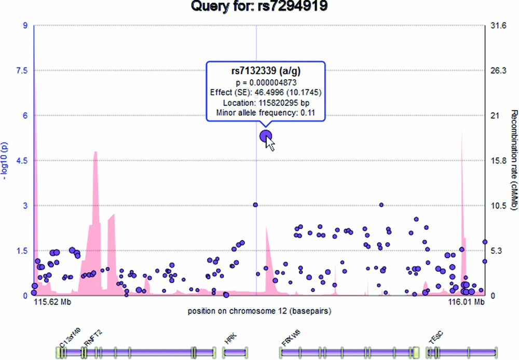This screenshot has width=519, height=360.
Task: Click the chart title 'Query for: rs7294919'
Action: (259, 7)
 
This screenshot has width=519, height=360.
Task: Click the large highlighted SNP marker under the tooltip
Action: (266, 136)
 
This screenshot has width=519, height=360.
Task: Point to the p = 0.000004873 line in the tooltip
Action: (266, 82)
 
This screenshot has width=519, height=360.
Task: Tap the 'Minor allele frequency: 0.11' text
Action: (266, 113)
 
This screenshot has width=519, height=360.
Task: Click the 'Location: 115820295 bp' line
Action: (266, 103)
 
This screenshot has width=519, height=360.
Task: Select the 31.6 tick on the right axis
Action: (498, 25)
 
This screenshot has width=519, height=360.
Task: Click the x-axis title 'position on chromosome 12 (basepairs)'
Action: (259, 311)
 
